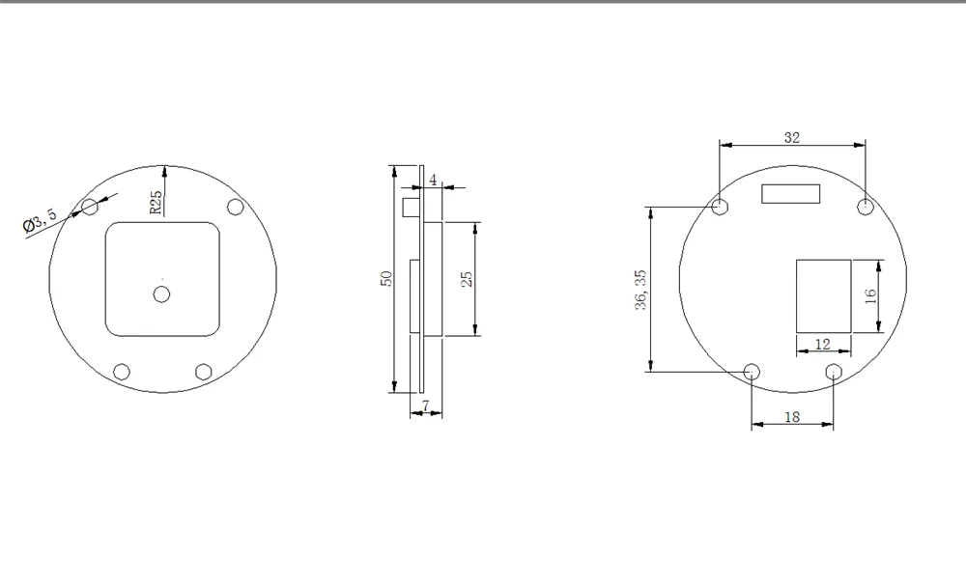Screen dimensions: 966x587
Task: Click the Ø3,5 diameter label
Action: click(x=40, y=219)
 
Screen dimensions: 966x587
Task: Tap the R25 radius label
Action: click(x=156, y=202)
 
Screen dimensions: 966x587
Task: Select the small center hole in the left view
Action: click(x=161, y=294)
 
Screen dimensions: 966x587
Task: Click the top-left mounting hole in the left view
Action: click(x=90, y=207)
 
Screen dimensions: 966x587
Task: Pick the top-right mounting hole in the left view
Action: click(x=236, y=207)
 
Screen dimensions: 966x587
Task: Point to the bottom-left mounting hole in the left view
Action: click(x=122, y=372)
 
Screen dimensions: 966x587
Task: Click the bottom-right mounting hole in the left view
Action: click(x=203, y=372)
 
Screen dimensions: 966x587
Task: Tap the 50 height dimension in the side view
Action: click(x=386, y=278)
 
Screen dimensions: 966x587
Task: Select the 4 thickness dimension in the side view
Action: click(x=433, y=180)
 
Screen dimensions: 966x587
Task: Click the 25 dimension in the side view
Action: click(x=467, y=279)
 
